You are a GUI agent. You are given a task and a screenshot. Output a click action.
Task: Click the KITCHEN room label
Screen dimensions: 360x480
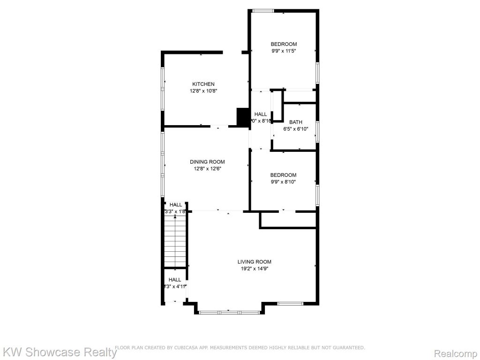(x=203, y=84)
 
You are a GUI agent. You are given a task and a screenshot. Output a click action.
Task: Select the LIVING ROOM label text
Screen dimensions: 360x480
(x=254, y=262)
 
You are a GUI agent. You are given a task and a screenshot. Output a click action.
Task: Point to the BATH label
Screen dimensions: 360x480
(x=295, y=122)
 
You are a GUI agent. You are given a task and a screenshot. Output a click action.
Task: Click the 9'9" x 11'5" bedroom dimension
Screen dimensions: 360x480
(x=284, y=51)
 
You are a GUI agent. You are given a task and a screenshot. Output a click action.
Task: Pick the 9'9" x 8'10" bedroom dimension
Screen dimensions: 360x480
(x=283, y=182)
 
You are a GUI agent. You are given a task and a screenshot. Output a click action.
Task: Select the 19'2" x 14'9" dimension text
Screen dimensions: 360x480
(x=254, y=269)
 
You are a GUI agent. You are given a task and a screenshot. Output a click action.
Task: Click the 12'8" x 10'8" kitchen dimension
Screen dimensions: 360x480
(x=203, y=91)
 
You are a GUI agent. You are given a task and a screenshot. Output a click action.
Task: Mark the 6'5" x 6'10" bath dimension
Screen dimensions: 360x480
(x=295, y=129)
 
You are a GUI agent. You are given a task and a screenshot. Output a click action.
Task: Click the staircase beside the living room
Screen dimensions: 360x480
(x=175, y=244)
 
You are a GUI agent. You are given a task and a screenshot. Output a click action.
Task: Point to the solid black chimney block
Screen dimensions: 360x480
(x=243, y=117)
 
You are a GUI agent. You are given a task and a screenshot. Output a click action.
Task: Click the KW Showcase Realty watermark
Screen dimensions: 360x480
(x=60, y=352)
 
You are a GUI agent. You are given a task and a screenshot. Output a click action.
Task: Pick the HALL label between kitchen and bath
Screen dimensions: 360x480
(x=261, y=114)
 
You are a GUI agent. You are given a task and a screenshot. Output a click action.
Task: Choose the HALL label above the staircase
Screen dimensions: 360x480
(x=176, y=205)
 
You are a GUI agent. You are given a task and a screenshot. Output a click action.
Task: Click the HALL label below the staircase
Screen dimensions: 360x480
(x=175, y=280)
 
